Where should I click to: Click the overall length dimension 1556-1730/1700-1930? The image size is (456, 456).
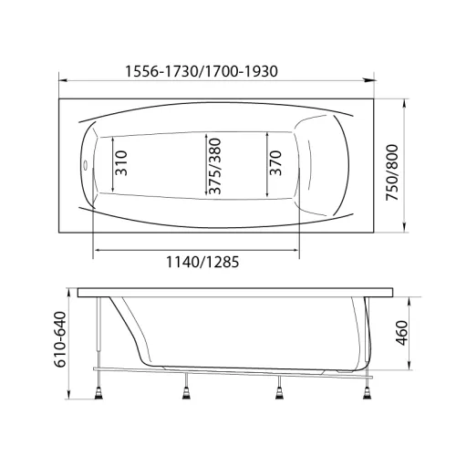[x=202, y=71]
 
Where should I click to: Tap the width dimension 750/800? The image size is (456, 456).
[x=392, y=172]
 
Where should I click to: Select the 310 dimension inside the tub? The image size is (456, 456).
[x=121, y=163]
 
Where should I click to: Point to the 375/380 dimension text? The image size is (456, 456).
[x=215, y=166]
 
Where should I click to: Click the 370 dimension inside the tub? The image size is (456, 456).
[x=275, y=163]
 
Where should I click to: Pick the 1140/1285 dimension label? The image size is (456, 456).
[x=202, y=262]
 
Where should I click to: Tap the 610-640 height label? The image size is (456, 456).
[x=59, y=339]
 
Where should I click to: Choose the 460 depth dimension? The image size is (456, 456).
[x=402, y=333]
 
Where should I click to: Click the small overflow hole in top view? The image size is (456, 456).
[x=86, y=166]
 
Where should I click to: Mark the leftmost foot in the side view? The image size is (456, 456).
[x=98, y=392]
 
